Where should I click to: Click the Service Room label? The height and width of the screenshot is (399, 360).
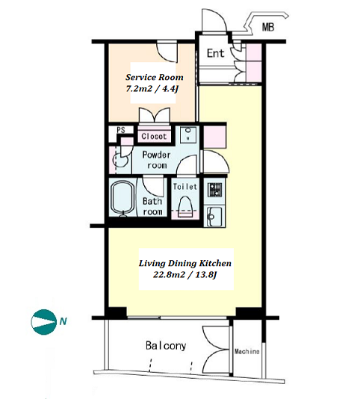(x=154, y=77)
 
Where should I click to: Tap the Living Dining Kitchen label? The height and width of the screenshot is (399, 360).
(x=185, y=263)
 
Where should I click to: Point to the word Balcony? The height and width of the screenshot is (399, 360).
(x=166, y=345)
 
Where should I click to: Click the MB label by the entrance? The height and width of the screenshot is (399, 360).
(x=268, y=27)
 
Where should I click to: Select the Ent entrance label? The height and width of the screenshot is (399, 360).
(x=216, y=53)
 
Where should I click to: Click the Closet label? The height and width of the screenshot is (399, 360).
(x=154, y=136)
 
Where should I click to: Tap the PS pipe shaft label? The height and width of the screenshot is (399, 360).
(x=121, y=130)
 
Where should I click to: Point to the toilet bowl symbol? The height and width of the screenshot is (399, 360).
(x=185, y=207)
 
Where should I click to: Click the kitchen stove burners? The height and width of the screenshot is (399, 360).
(x=214, y=191)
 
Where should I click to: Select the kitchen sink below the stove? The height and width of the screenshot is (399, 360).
(x=214, y=217)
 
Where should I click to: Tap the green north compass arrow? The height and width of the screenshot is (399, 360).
(x=43, y=322)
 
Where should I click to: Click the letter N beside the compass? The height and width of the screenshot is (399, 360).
(x=63, y=321)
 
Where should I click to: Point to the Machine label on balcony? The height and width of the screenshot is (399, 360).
(x=246, y=352)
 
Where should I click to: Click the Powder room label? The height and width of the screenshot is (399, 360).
(x=156, y=160)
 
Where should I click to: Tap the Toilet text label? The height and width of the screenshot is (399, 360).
(x=185, y=187)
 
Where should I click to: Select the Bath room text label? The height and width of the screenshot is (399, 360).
(x=152, y=206)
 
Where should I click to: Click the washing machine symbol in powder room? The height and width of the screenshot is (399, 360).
(x=120, y=161)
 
